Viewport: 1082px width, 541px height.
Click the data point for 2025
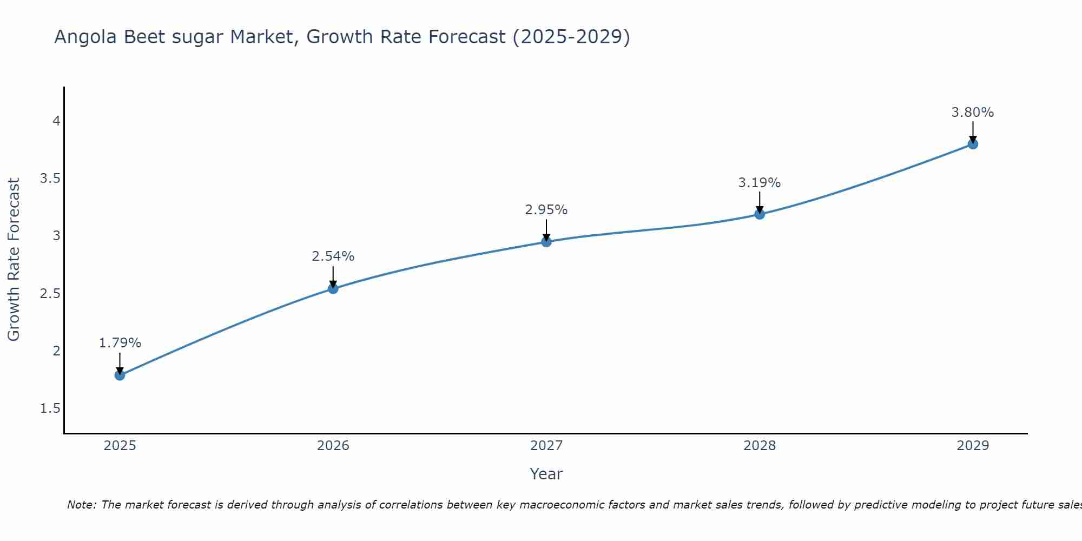click(120, 375)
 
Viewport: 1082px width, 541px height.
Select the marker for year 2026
click(333, 289)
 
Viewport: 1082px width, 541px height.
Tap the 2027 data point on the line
click(546, 242)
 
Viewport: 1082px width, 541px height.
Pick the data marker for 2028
click(760, 214)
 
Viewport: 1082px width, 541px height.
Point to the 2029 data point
click(973, 144)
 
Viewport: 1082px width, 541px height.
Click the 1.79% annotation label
click(120, 343)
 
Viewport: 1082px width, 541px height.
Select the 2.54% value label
click(333, 256)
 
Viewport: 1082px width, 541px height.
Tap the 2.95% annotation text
click(546, 210)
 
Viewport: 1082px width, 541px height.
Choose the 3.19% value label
click(760, 183)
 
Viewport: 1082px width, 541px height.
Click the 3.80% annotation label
click(973, 113)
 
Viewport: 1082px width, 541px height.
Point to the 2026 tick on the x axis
click(333, 446)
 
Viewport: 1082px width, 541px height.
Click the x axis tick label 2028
click(760, 446)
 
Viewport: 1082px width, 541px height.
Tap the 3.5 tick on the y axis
click(50, 179)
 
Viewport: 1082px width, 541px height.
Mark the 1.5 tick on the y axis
click(50, 408)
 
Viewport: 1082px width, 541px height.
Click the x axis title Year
click(546, 474)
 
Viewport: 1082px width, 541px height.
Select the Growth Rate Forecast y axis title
click(14, 260)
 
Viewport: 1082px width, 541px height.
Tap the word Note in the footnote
click(81, 505)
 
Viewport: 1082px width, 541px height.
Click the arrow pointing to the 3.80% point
click(973, 131)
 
